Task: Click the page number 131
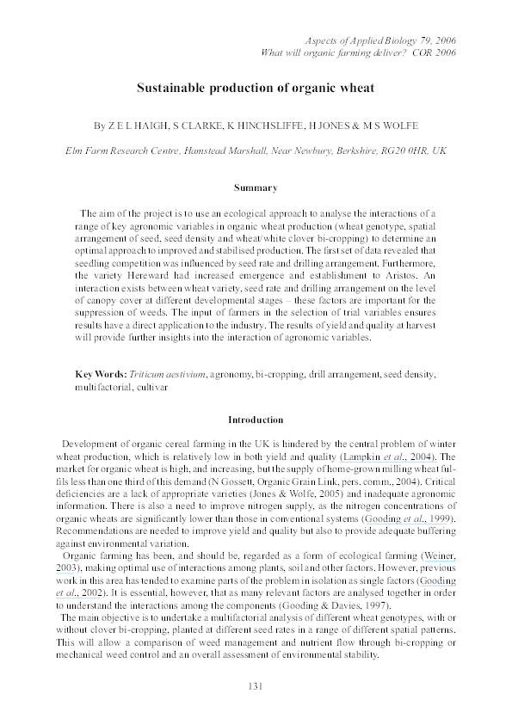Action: click(x=256, y=684)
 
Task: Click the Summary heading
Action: click(x=256, y=187)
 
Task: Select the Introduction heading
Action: click(x=256, y=420)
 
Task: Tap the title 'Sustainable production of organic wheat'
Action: click(x=256, y=88)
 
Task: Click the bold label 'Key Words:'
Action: click(x=100, y=375)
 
